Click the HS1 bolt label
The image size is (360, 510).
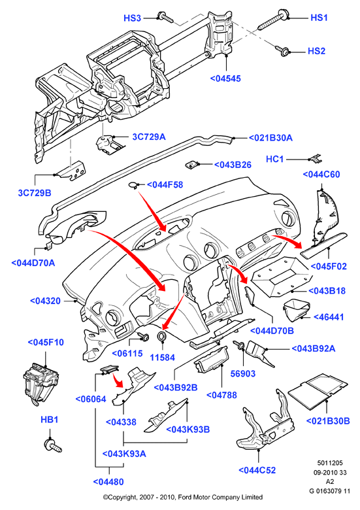pyautogui.click(x=319, y=18)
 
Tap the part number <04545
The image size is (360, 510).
pyautogui.click(x=225, y=78)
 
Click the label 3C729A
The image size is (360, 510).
pyautogui.click(x=149, y=137)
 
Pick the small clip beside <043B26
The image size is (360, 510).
pyautogui.click(x=192, y=164)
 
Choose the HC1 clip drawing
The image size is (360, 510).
pyautogui.click(x=315, y=158)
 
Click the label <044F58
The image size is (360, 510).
pyautogui.click(x=165, y=185)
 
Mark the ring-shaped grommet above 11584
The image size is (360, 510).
pyautogui.click(x=162, y=336)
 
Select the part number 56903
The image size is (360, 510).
pyautogui.click(x=243, y=374)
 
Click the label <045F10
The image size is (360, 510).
pyautogui.click(x=46, y=343)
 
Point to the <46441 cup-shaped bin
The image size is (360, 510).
pyautogui.click(x=296, y=309)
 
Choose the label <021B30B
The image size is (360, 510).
pyautogui.click(x=328, y=421)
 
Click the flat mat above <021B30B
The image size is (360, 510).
pyautogui.click(x=318, y=390)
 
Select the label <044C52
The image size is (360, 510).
pyautogui.click(x=257, y=470)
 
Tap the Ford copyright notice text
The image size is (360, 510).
pyautogui.click(x=183, y=497)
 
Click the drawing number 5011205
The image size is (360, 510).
pyautogui.click(x=330, y=463)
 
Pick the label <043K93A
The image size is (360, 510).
pyautogui.click(x=124, y=453)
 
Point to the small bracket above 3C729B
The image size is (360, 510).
pyautogui.click(x=71, y=171)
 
